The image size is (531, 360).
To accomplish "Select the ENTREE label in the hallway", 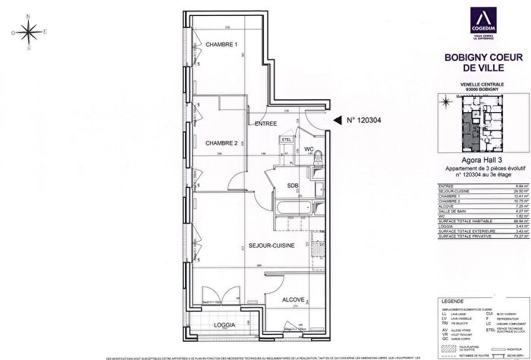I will pos(265,124).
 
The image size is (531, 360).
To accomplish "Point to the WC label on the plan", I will pos(309,149).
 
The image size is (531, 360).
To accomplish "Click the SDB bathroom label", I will pos(292,186).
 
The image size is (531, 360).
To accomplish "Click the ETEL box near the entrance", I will pos(287,140).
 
